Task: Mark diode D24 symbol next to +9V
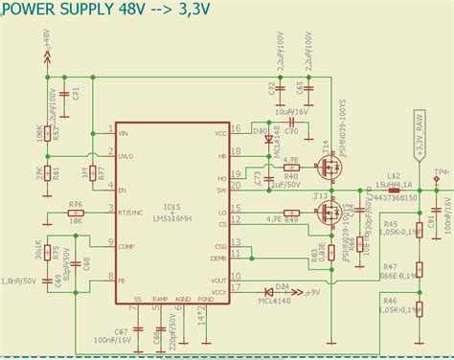coord(282,291)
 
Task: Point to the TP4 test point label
coord(440,173)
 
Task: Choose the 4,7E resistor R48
coord(292,169)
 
